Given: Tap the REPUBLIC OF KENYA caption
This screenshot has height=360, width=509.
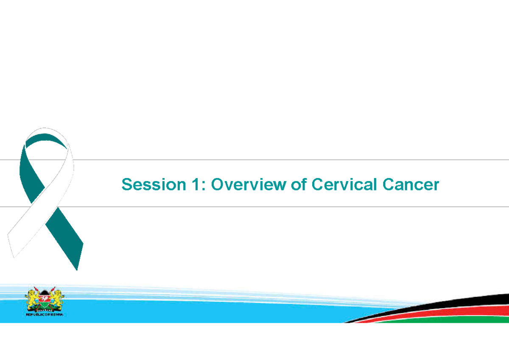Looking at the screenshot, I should [44, 315].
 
